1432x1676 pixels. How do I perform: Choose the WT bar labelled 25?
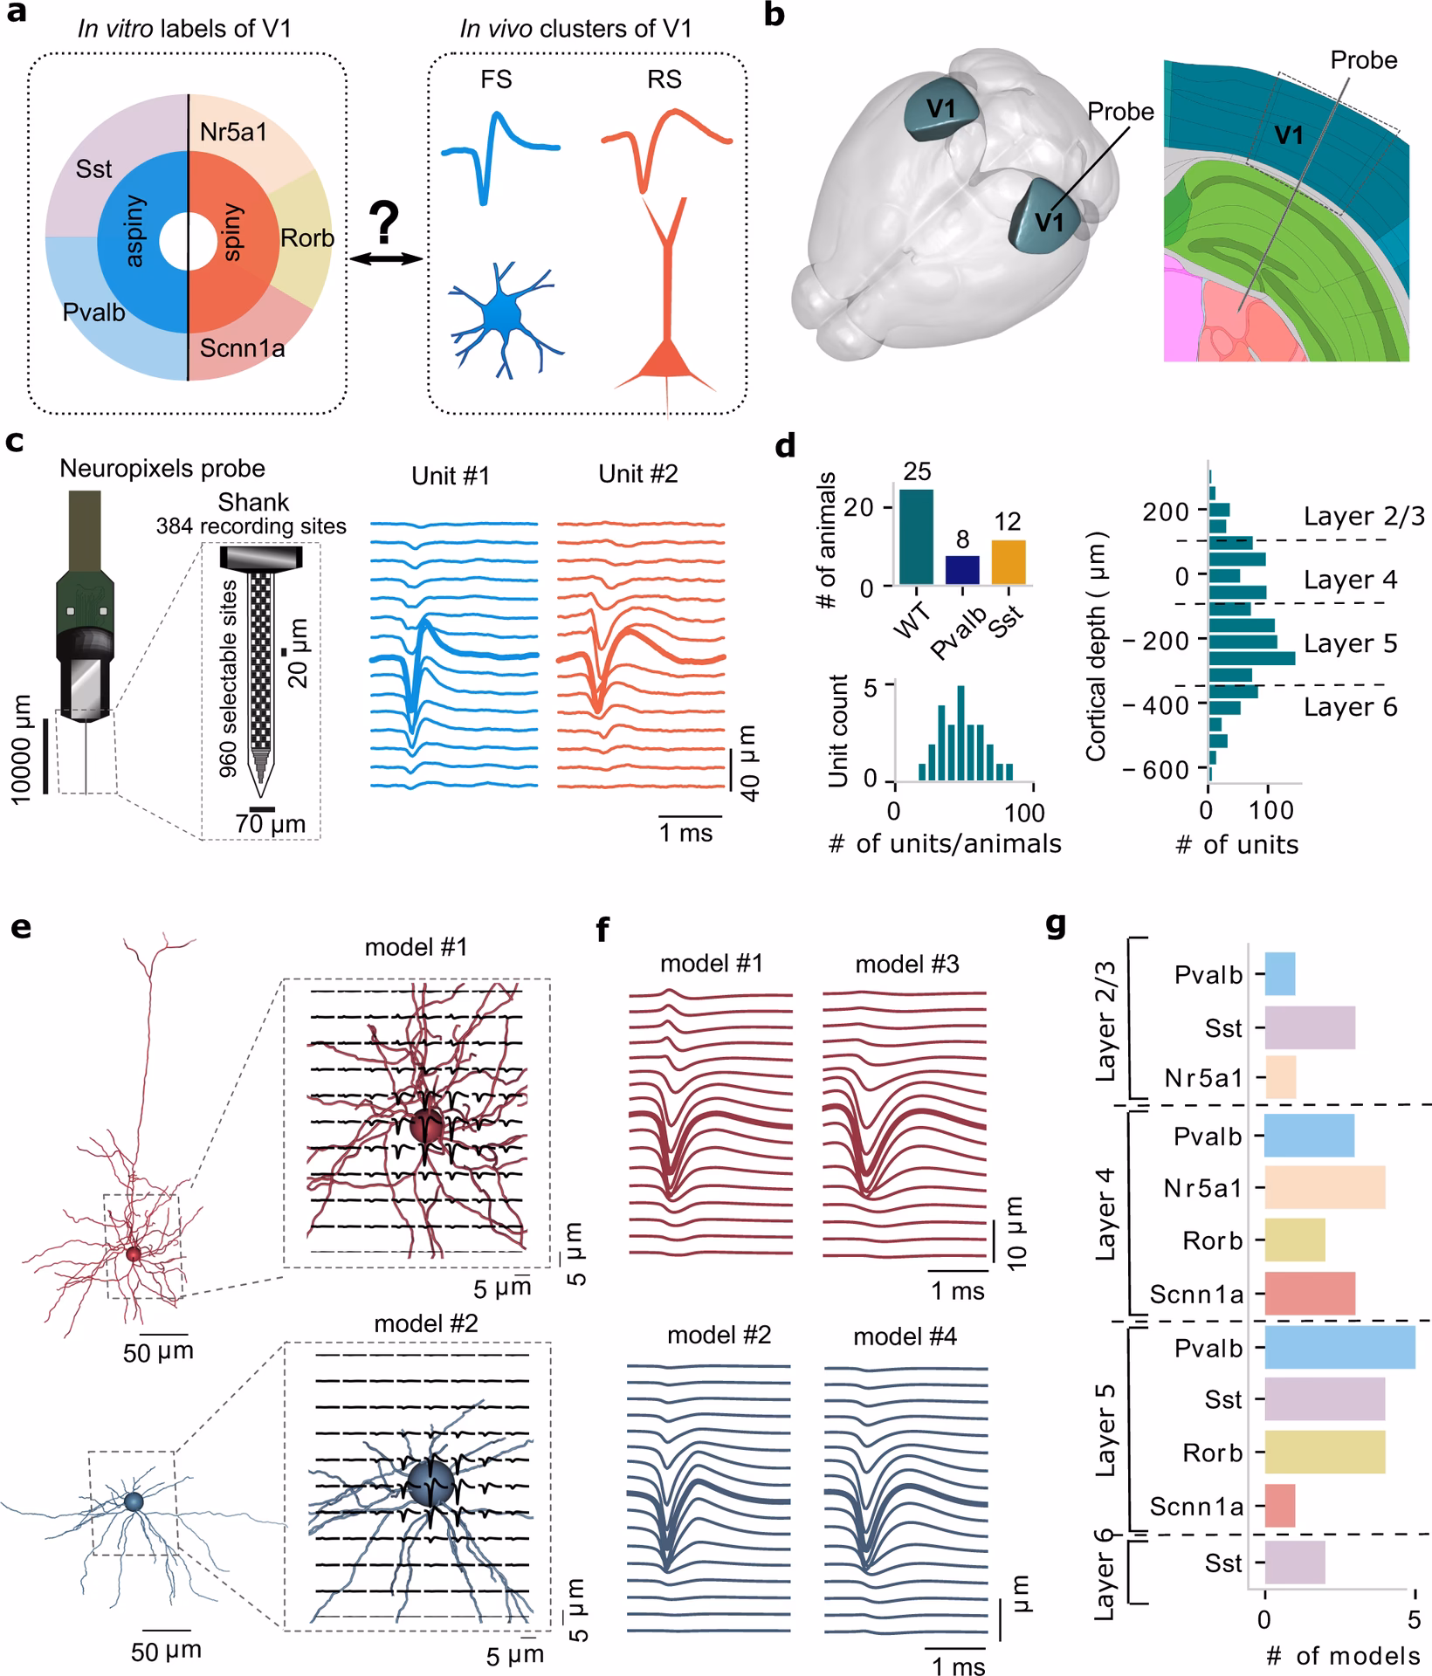915,537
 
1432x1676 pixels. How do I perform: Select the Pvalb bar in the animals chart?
962,570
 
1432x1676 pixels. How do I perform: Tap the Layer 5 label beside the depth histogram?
1350,643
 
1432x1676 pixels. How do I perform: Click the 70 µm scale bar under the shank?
262,809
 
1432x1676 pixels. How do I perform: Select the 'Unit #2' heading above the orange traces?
637,475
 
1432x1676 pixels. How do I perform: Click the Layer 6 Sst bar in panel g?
1294,1563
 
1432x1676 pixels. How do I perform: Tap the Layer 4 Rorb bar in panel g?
1294,1240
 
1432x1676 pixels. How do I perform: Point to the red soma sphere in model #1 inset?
425,1125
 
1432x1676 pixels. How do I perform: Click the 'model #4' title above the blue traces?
905,1336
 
